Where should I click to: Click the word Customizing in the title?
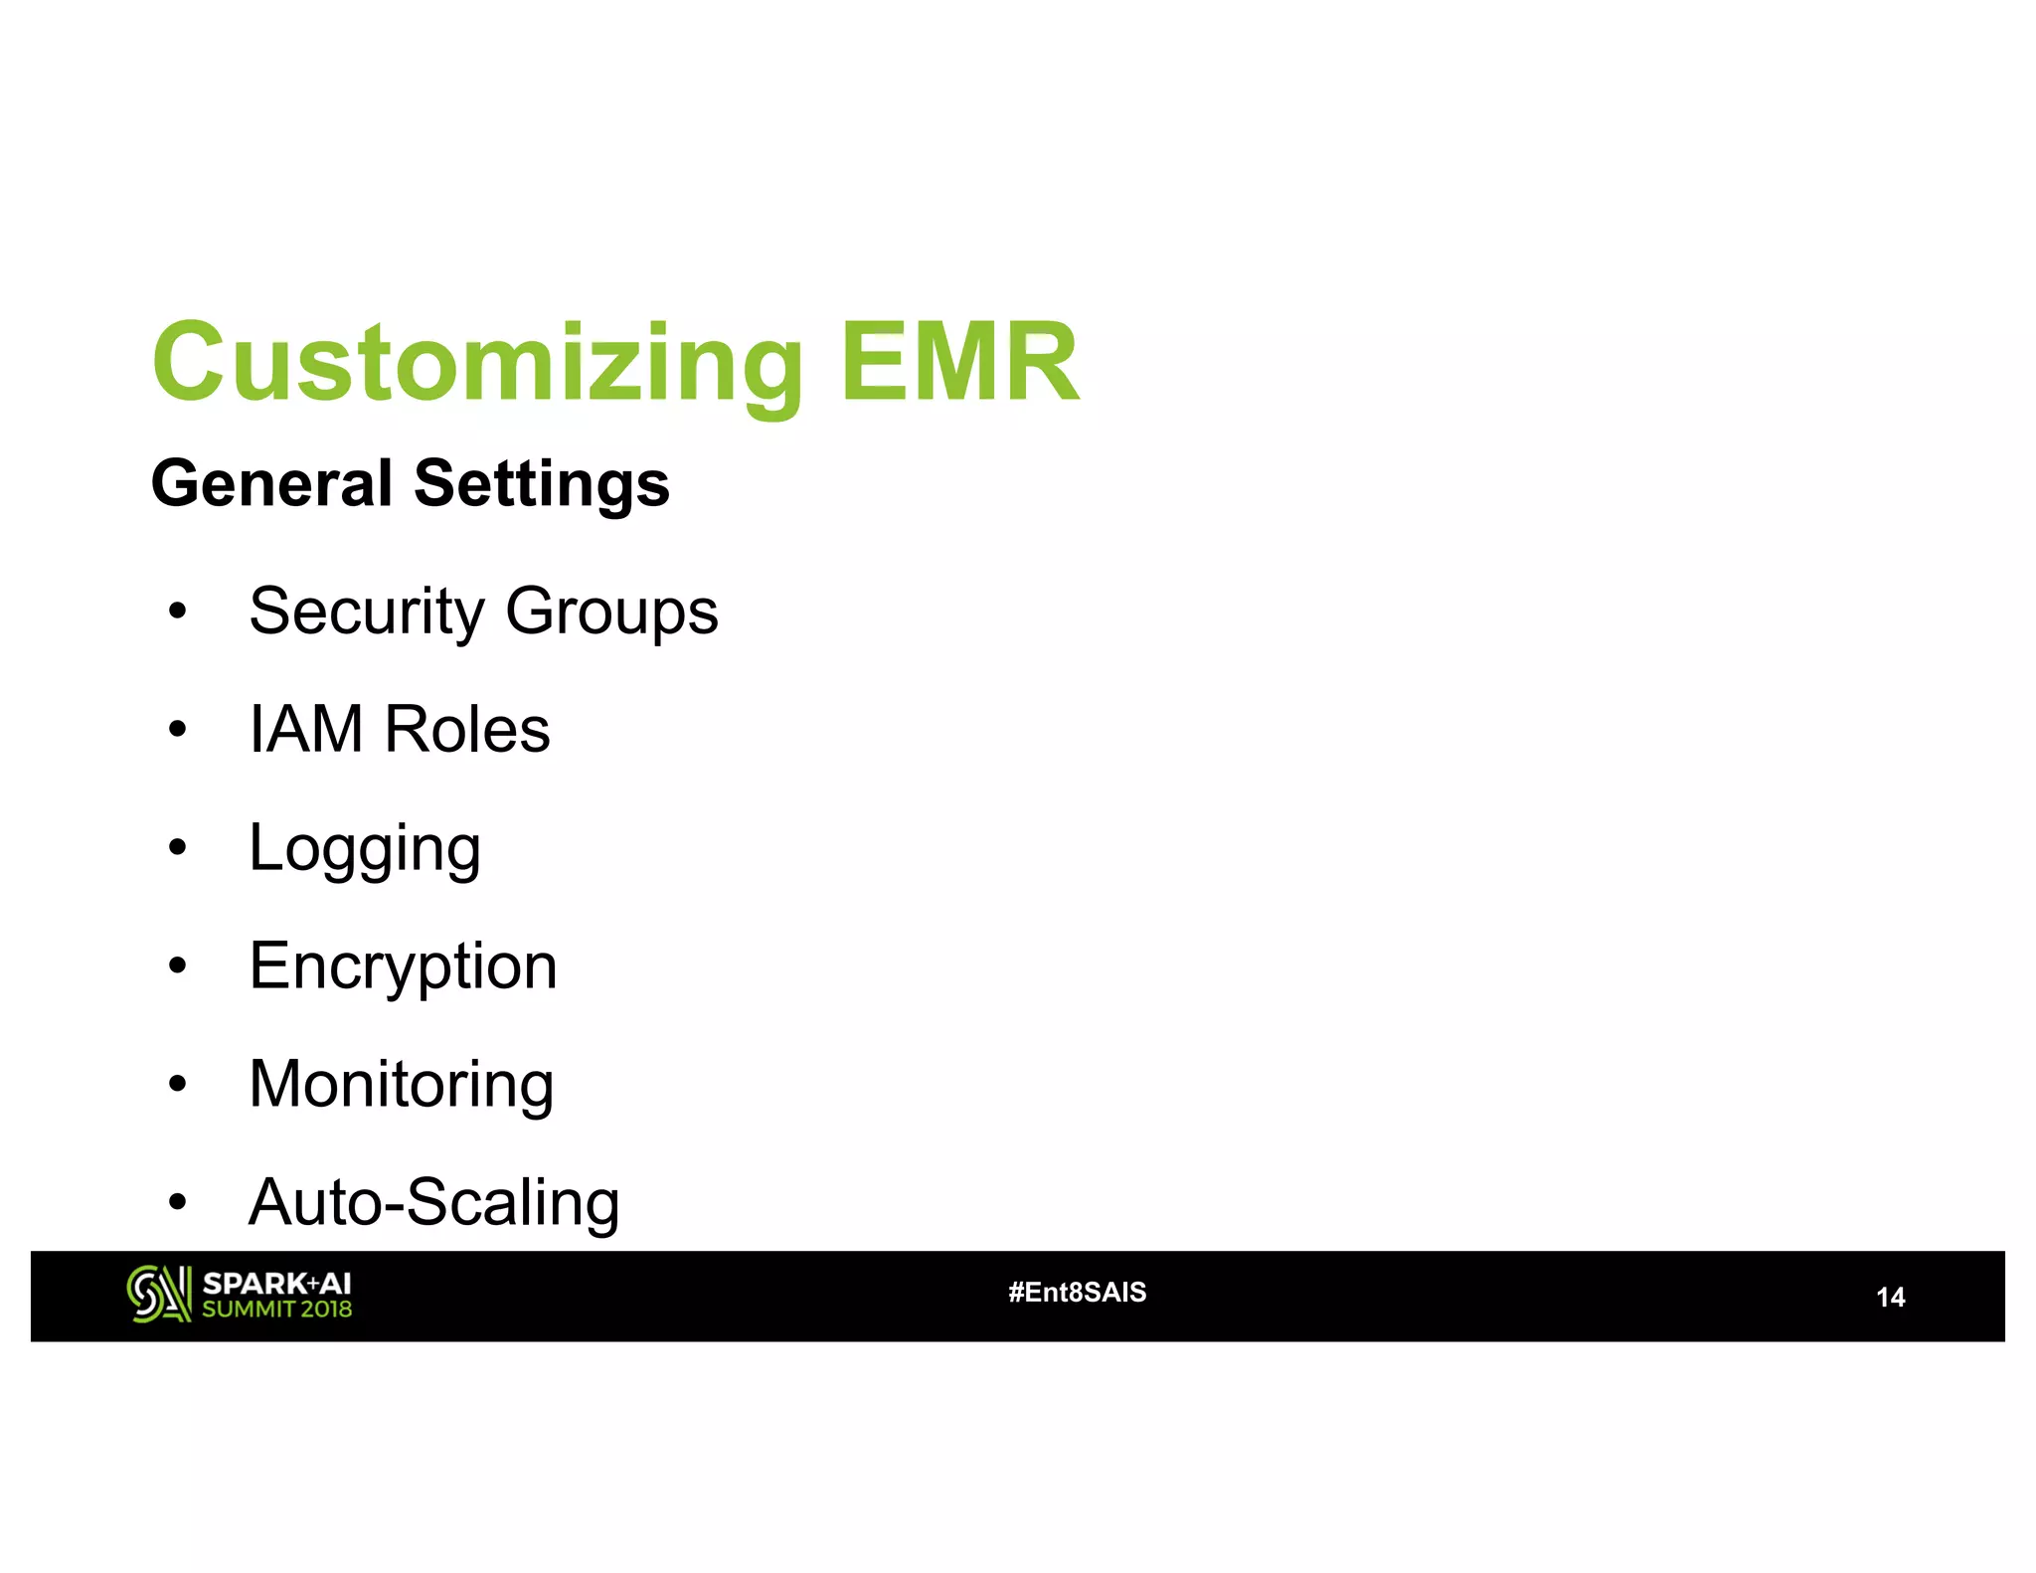477,363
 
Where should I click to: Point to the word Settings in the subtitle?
542,485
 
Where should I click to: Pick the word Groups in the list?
611,612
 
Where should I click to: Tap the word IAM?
306,729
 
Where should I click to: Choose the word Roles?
467,729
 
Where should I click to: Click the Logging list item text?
365,849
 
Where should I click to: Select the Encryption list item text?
403,966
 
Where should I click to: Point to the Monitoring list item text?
401,1084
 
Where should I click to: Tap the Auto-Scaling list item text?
433,1202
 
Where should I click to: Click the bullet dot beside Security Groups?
177,611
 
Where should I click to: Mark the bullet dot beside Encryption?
177,964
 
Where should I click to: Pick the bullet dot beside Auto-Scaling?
177,1201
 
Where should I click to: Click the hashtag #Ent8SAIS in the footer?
1077,1292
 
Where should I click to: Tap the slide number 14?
1890,1297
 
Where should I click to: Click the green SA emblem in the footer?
158,1294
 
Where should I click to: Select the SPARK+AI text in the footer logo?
276,1283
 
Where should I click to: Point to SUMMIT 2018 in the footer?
276,1309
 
